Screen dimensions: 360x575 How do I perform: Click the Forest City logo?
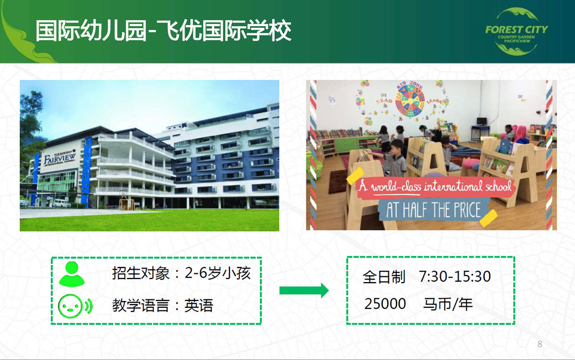click(516, 31)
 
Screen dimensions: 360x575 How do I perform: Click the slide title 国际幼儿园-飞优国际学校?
click(163, 31)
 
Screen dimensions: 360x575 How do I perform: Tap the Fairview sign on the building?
click(60, 158)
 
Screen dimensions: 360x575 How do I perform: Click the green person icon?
click(72, 274)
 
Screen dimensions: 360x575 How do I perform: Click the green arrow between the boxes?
click(304, 291)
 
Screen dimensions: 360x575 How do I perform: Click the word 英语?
click(199, 306)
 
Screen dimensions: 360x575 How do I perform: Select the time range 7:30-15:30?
click(455, 277)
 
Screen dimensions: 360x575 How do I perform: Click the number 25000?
click(385, 304)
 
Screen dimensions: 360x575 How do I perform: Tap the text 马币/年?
click(448, 304)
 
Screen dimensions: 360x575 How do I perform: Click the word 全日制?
click(384, 277)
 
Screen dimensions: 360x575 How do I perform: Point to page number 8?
click(540, 344)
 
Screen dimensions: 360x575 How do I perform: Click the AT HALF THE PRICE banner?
click(433, 211)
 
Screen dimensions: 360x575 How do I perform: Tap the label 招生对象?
click(141, 273)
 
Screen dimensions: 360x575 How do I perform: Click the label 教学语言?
click(141, 306)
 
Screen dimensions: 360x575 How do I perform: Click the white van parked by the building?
click(61, 203)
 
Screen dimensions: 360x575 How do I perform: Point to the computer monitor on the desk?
click(481, 122)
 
